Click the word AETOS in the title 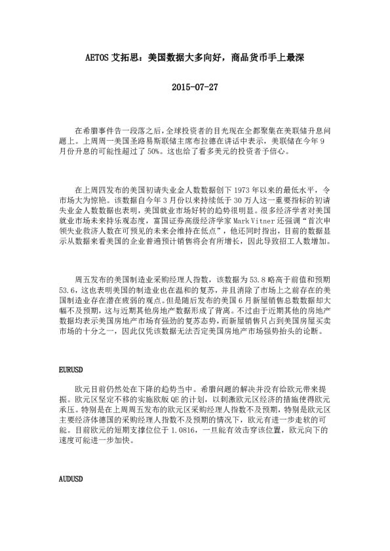pos(100,58)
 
